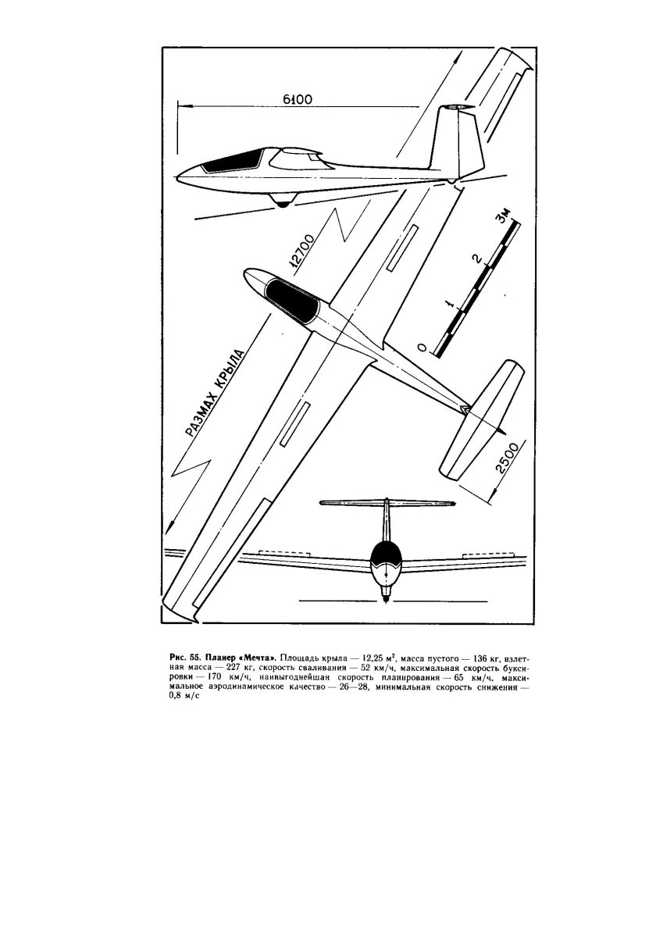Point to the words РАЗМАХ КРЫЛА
tap(213, 395)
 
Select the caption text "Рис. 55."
tap(185, 650)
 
